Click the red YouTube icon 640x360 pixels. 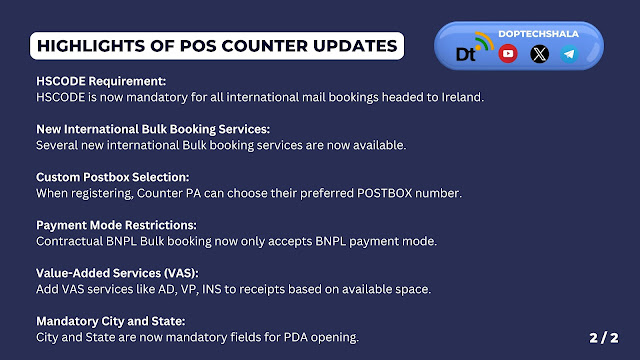tap(508, 53)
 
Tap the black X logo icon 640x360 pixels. tap(539, 54)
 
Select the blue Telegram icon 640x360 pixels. tap(569, 54)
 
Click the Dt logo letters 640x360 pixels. tap(466, 54)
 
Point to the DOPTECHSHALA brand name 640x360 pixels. tap(538, 34)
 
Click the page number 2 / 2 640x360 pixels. tap(604, 338)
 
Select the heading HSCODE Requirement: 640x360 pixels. tap(101, 81)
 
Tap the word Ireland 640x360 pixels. tap(462, 97)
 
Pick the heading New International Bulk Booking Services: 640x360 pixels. tap(153, 129)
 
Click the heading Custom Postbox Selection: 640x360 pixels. tap(113, 177)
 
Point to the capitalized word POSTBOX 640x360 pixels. tap(384, 193)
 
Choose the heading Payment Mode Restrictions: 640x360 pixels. tap(116, 225)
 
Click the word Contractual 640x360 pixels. tap(69, 241)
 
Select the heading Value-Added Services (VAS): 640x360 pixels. tap(117, 273)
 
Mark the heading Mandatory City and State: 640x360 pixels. tap(111, 321)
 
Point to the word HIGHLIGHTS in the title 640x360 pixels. tap(91, 46)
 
